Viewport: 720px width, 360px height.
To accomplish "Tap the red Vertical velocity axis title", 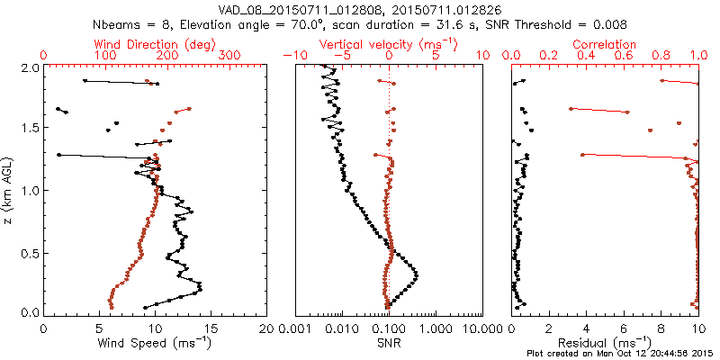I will coord(388,44).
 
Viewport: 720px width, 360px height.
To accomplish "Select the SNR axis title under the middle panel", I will coord(388,343).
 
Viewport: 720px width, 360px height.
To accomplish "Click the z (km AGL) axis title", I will coord(8,190).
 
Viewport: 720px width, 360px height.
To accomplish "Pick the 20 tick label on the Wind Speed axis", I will coord(266,328).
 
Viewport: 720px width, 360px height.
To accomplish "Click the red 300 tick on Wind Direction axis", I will coord(229,56).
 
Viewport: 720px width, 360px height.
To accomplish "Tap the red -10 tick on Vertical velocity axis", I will coord(294,56).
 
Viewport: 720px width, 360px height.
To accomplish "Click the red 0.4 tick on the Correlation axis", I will coord(587,56).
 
